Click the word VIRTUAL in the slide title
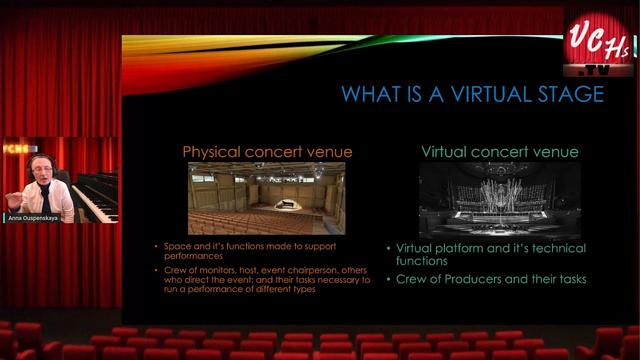[491, 94]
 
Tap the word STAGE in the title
[571, 94]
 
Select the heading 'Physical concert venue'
[267, 151]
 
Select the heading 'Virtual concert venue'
[499, 151]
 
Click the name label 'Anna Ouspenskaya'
[32, 218]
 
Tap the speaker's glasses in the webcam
[42, 170]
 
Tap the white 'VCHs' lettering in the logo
[599, 41]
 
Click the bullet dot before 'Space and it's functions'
[156, 246]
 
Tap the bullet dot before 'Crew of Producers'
[388, 279]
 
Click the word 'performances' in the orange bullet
[193, 256]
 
